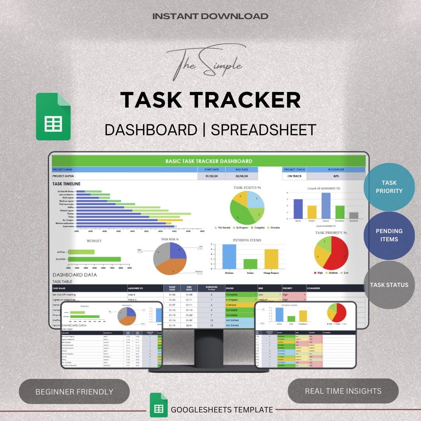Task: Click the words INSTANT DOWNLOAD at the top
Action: pos(210,16)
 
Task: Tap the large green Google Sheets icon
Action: pos(53,117)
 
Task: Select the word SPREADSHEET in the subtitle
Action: pos(263,130)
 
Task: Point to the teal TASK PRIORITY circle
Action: pos(389,187)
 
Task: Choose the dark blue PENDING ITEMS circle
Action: pos(389,235)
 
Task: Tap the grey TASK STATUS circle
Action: pos(389,285)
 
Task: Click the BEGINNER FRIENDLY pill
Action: pos(74,391)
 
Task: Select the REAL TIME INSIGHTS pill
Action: pos(343,391)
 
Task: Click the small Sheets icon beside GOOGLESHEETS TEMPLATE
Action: pos(159,409)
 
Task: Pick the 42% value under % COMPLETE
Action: pos(336,176)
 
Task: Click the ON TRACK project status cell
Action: pos(294,176)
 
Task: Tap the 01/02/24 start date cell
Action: pos(212,176)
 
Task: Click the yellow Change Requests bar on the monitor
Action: pos(271,259)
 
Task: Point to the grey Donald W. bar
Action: pos(354,216)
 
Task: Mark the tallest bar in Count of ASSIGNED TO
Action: pos(326,206)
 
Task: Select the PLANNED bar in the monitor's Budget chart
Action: pos(94,259)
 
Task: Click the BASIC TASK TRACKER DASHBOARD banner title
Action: pos(209,161)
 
